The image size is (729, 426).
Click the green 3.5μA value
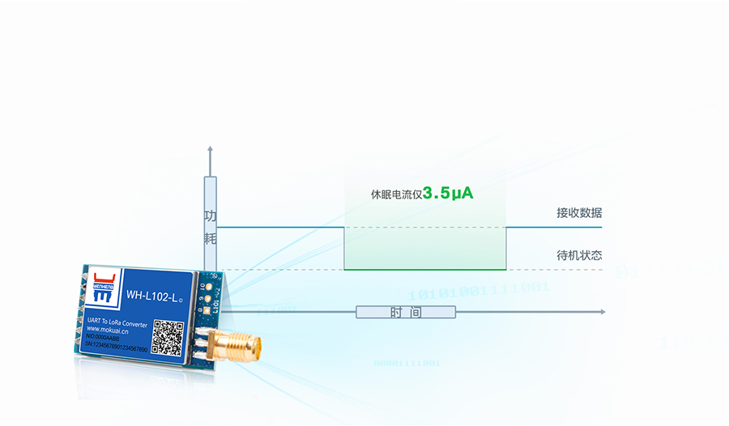tap(448, 194)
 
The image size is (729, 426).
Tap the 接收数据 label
tap(579, 213)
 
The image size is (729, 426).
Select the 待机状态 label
tap(579, 255)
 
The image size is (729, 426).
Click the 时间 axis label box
tap(406, 313)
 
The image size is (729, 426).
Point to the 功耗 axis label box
tap(211, 227)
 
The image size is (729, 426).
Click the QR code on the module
tap(168, 337)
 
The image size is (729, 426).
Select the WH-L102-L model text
tap(155, 296)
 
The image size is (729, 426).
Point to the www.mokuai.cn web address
tap(113, 330)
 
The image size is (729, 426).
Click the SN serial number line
tap(117, 348)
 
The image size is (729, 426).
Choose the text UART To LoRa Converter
tap(117, 322)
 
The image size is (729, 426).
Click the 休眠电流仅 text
tap(396, 194)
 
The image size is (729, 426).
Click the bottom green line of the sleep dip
tap(425, 270)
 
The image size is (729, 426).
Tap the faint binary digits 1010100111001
tap(478, 290)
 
